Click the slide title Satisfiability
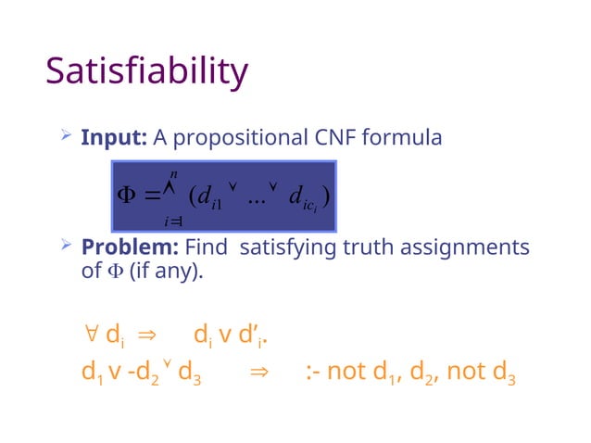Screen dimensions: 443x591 click(x=146, y=72)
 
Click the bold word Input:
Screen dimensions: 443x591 click(x=115, y=138)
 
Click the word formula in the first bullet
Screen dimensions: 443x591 click(x=403, y=138)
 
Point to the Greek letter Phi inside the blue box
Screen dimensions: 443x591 click(x=124, y=196)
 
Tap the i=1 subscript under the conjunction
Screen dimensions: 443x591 click(x=171, y=221)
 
